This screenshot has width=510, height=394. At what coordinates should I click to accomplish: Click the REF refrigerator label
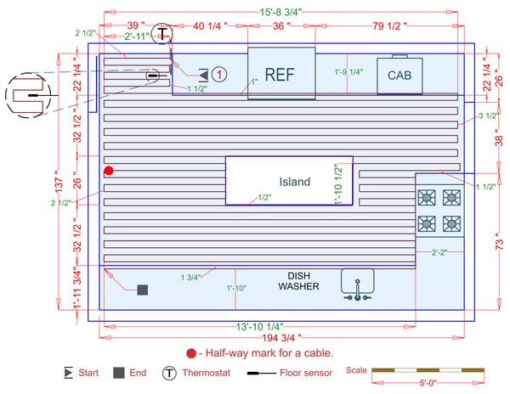[x=279, y=74]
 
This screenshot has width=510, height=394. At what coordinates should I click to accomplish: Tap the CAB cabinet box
[x=399, y=76]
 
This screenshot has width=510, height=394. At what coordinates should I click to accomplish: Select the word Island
[x=295, y=182]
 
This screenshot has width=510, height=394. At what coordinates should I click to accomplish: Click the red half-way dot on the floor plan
[x=109, y=171]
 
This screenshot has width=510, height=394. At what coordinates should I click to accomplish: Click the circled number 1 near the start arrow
[x=218, y=75]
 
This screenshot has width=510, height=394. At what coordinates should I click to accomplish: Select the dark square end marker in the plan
[x=143, y=290]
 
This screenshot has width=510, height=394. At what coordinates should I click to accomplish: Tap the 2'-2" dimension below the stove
[x=439, y=252]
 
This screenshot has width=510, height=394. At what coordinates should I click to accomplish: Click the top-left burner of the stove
[x=428, y=199]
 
